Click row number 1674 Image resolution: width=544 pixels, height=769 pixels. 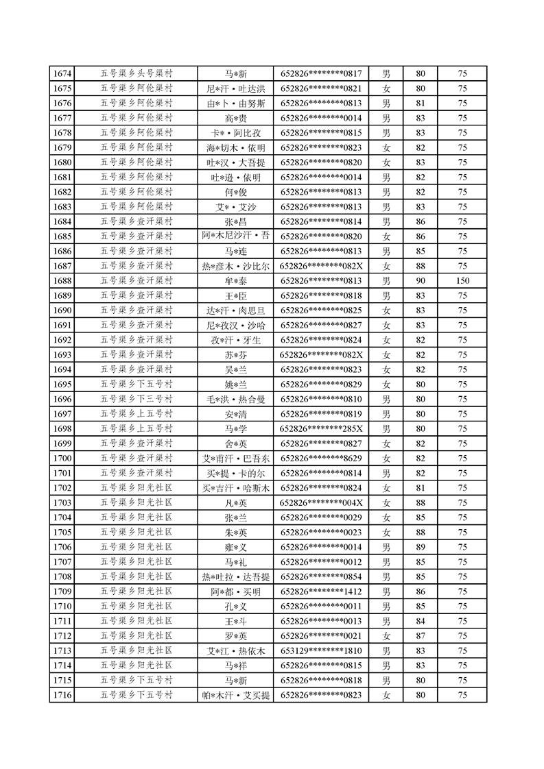(62, 73)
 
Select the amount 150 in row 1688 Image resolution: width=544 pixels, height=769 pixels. (462, 280)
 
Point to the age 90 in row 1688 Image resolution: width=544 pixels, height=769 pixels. (421, 280)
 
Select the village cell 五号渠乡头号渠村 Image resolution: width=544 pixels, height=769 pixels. (136, 73)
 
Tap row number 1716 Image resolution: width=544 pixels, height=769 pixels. (62, 695)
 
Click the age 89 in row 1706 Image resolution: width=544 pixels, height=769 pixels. (421, 547)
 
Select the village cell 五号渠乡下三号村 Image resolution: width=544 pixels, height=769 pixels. (136, 399)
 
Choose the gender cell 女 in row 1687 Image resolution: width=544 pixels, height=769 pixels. (386, 266)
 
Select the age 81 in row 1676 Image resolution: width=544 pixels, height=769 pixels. (421, 103)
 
